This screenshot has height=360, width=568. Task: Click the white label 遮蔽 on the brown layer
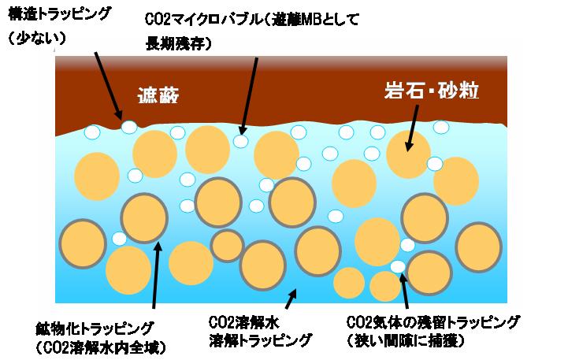pos(158,96)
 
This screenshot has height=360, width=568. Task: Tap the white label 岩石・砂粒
pos(432,91)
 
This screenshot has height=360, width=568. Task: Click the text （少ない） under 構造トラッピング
pos(37,38)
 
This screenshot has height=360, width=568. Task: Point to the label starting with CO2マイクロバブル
pos(252,20)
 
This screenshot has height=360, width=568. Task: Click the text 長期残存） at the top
pos(179,44)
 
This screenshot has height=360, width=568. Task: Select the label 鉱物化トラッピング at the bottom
pos(95,328)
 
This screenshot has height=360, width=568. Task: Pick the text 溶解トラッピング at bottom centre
pos(261,340)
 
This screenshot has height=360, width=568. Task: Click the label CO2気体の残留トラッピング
pos(433,322)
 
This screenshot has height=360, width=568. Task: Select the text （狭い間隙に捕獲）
pos(406,340)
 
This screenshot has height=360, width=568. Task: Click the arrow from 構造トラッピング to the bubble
pos(108,86)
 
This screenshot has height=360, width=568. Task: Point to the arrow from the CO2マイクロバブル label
pos(249,96)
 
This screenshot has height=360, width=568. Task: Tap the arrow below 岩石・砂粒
pos(412,128)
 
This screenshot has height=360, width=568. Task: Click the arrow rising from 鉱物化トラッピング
pos(156,275)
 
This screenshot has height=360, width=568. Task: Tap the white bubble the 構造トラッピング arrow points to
pos(129,127)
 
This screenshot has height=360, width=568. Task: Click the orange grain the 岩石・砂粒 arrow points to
pos(408,154)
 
